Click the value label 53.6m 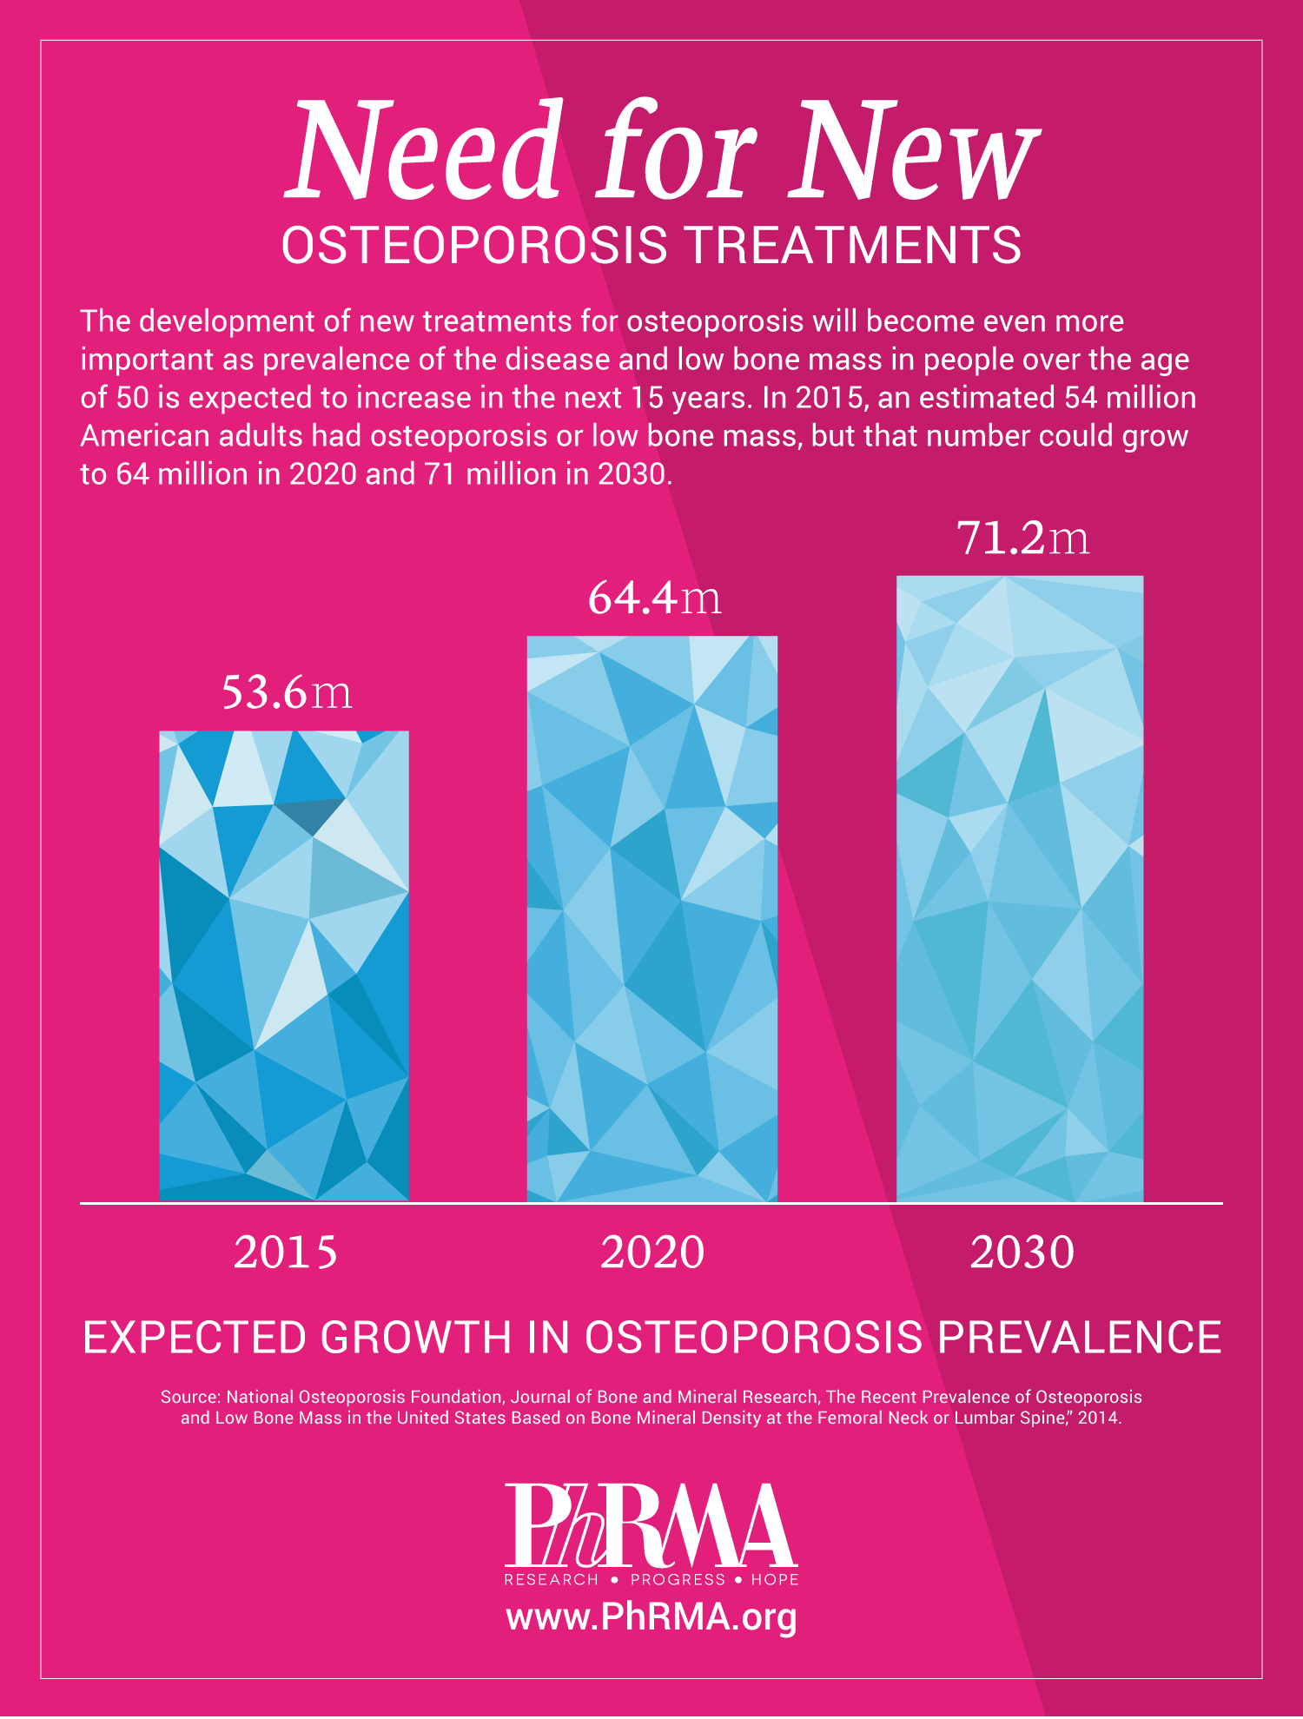[287, 692]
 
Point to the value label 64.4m [654, 598]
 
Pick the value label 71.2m [1022, 538]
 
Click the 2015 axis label [285, 1253]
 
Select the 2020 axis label [652, 1253]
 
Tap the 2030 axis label [1022, 1253]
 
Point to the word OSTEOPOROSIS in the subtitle [474, 245]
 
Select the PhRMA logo [651, 1524]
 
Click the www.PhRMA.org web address [651, 1617]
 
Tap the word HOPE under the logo [775, 1579]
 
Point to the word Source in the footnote [189, 1397]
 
